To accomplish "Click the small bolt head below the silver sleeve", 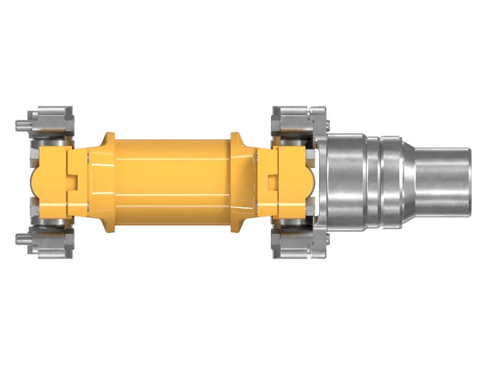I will click(327, 239).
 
